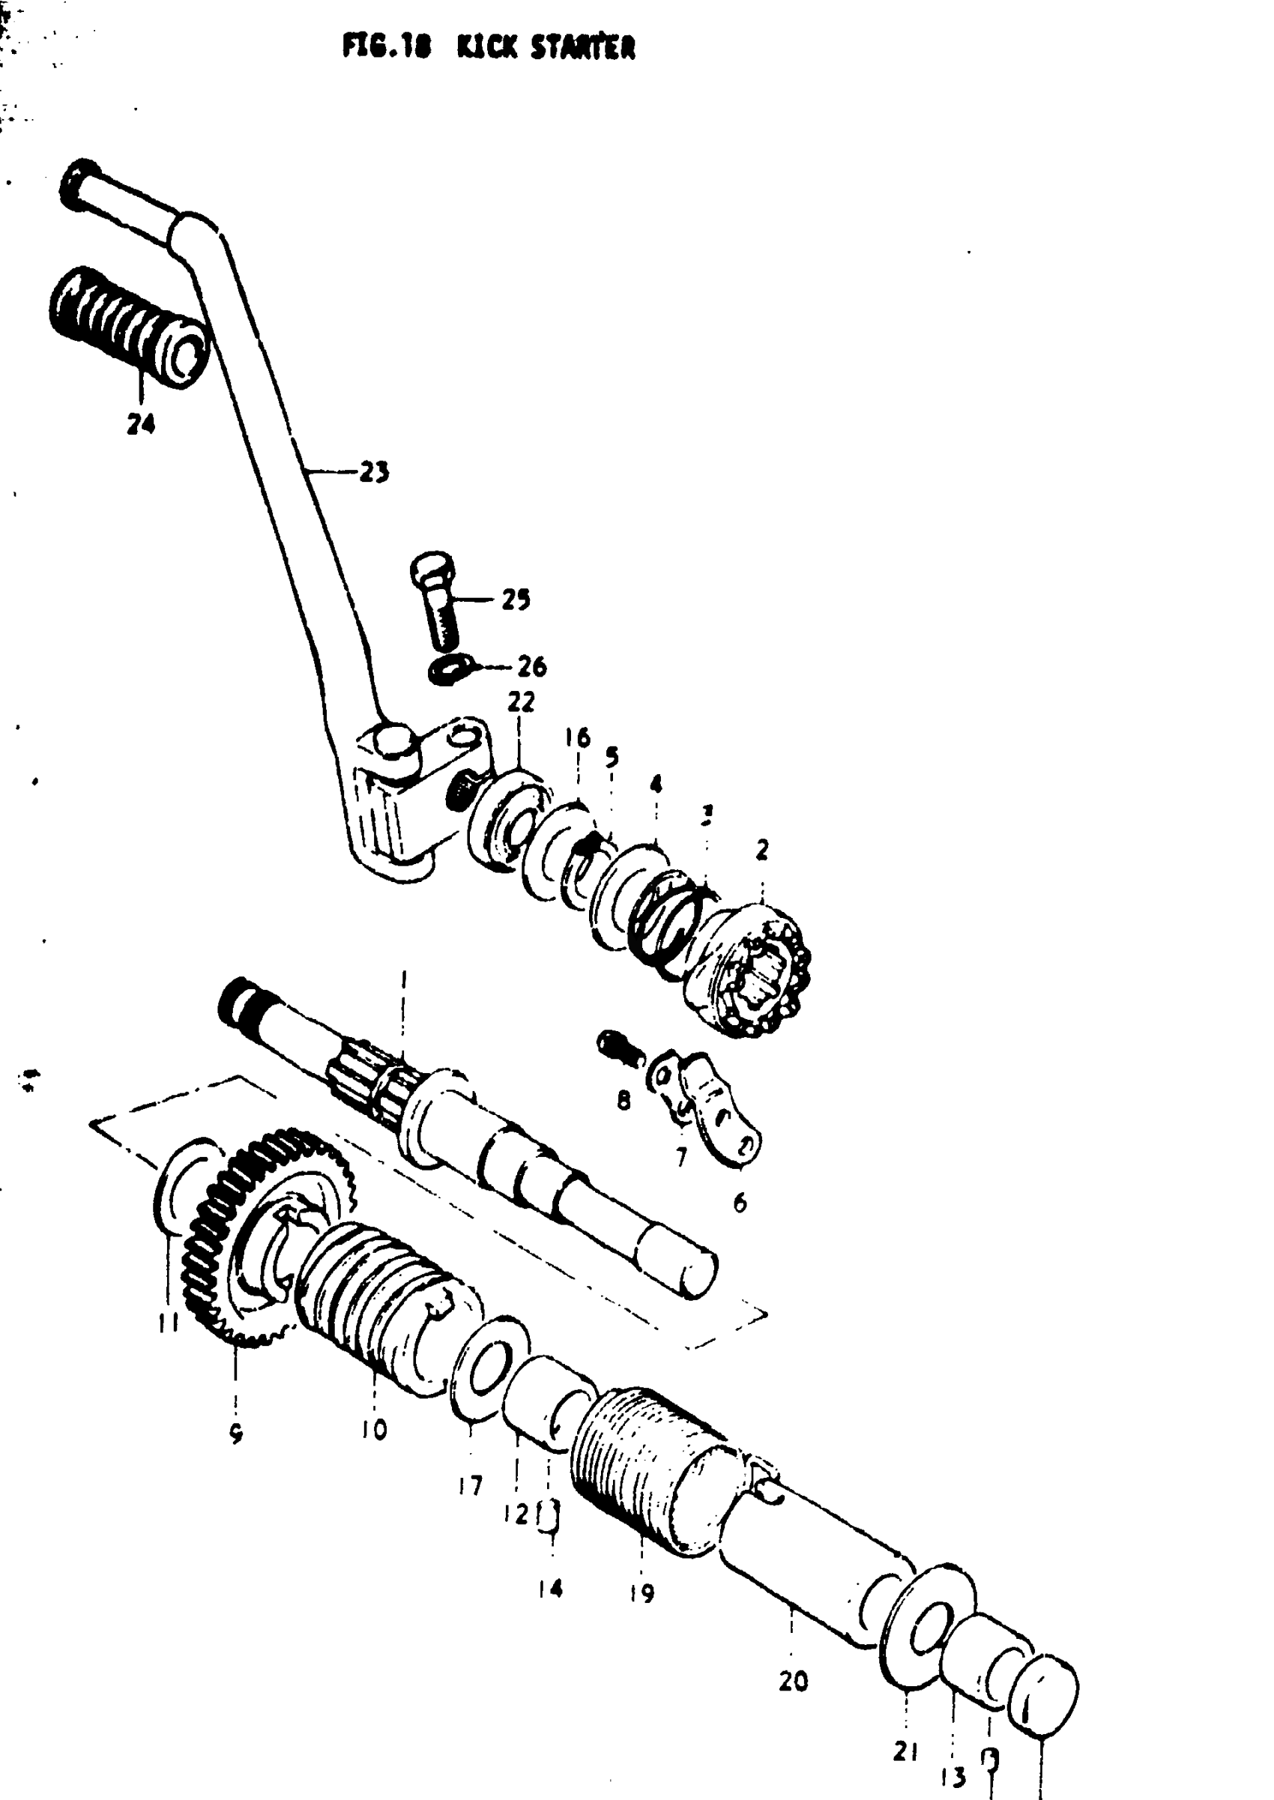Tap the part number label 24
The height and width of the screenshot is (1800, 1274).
(141, 424)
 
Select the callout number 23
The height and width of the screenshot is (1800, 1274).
(374, 473)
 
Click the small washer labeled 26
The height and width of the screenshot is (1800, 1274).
(449, 671)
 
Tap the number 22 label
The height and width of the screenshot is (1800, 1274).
(521, 702)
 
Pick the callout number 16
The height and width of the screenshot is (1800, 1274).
(578, 738)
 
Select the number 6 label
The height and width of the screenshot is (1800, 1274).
(740, 1202)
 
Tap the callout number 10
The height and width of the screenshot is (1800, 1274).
(374, 1430)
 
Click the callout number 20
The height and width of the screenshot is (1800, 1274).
(793, 1681)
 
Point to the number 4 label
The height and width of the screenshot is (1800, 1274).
(656, 784)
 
